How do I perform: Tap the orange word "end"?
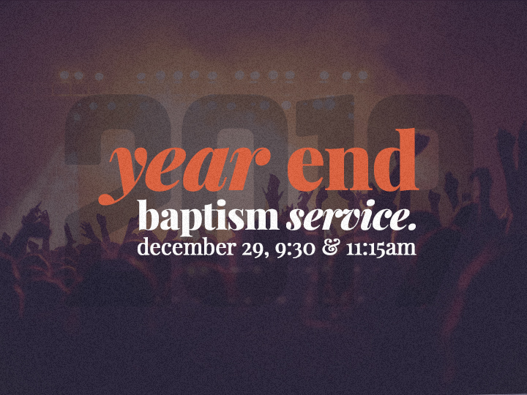(x=353, y=160)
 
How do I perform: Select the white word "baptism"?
(x=209, y=217)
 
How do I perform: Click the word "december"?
(x=186, y=247)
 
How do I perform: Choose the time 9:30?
(x=295, y=249)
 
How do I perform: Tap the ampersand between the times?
(x=329, y=247)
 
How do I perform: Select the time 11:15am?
(x=381, y=248)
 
